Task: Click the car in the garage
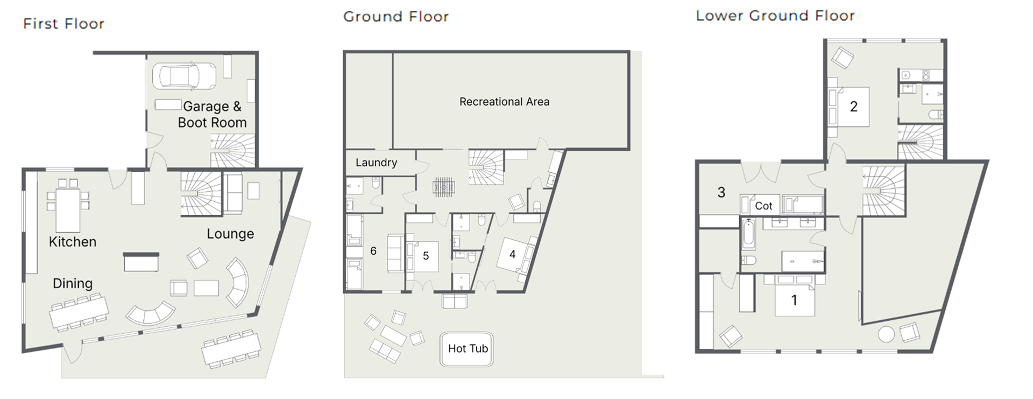point(184,75)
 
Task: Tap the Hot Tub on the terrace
point(467,349)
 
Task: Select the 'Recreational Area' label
point(504,102)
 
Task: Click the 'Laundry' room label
point(376,163)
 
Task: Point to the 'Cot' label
point(763,206)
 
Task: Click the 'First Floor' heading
point(63,24)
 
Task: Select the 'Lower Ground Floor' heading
point(775,16)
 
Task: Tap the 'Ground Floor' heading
point(396,17)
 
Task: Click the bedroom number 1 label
point(794,300)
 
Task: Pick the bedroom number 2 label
point(853,107)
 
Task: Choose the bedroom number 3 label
point(721,192)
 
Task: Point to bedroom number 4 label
point(512,254)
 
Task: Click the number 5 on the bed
point(426,256)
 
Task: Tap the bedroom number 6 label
point(373,251)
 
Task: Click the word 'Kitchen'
point(73,242)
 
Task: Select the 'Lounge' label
point(230,234)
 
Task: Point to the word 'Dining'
point(73,283)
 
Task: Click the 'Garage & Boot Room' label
point(212,115)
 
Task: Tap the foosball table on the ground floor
point(444,187)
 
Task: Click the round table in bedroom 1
point(886,334)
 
